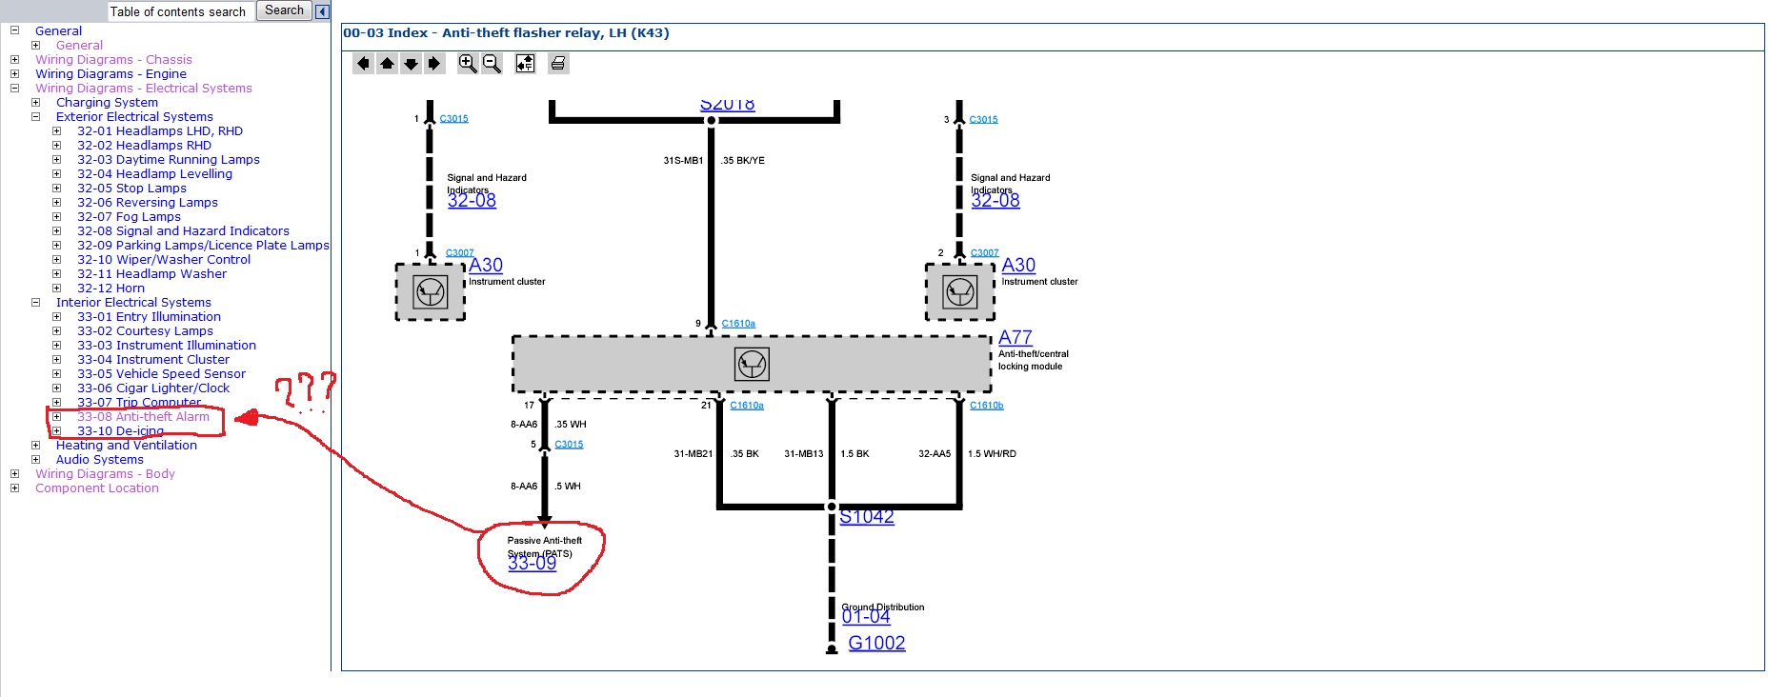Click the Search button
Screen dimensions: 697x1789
(284, 10)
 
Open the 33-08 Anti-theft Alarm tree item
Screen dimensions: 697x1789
(143, 417)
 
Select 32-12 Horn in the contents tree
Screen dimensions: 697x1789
(111, 289)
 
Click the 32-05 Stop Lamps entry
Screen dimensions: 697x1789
(131, 189)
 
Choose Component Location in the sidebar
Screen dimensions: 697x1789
(97, 488)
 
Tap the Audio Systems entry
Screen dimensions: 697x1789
(99, 460)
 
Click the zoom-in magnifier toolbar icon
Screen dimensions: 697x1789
(467, 64)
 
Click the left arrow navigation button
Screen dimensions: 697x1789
(363, 64)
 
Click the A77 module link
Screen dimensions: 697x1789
(1015, 338)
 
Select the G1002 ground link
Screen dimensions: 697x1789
(876, 644)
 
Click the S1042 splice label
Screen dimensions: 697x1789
(866, 517)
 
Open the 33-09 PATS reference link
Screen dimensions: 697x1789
(532, 564)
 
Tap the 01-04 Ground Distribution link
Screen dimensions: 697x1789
(865, 617)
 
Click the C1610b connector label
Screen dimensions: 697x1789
(986, 406)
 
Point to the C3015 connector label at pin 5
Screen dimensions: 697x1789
(569, 445)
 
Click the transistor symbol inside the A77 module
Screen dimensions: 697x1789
(752, 364)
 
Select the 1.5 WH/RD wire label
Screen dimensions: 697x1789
(992, 454)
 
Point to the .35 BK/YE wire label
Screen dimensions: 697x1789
(743, 161)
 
